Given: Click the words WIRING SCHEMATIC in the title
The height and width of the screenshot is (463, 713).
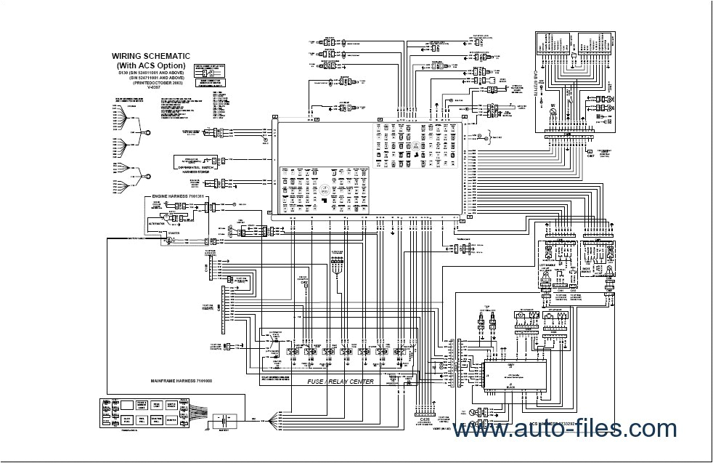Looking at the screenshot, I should pyautogui.click(x=150, y=55).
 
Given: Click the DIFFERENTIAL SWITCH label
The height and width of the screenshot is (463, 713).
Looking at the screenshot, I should pyautogui.click(x=193, y=166).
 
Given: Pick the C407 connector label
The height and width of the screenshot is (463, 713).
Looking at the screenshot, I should pyautogui.click(x=590, y=155).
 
